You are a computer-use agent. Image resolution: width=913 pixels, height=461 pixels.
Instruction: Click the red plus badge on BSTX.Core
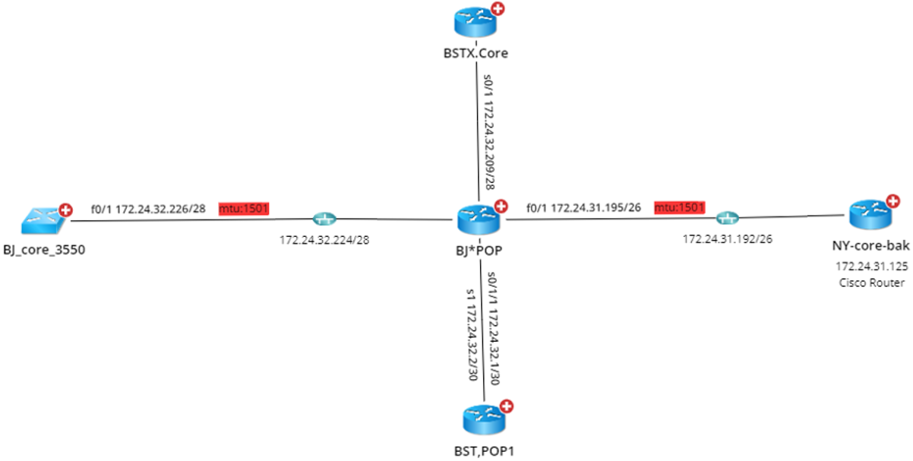point(498,9)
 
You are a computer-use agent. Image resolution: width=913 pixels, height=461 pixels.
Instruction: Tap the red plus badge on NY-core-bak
point(892,201)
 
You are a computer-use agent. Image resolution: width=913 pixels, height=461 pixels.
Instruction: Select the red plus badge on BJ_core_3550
point(66,210)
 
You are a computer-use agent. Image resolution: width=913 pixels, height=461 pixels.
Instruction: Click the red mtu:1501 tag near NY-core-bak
point(679,207)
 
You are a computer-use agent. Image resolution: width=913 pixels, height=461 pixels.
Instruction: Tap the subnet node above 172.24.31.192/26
point(727,219)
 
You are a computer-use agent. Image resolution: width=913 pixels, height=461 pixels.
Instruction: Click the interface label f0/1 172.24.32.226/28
point(148,207)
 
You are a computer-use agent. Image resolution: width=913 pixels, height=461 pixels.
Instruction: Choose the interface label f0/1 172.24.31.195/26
point(583,207)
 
